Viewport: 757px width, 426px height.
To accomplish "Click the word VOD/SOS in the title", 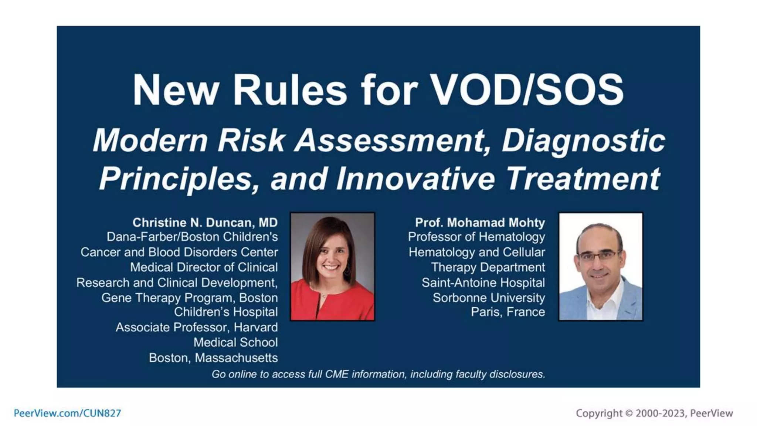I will pos(527,89).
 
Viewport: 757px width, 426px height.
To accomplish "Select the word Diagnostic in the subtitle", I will pos(583,141).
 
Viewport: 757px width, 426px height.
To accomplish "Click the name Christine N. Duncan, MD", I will pos(205,222).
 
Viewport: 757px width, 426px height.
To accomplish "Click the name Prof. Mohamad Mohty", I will pos(480,222).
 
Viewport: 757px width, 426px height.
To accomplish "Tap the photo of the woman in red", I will pos(332,266).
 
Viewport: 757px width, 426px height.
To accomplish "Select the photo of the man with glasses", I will pos(601,266).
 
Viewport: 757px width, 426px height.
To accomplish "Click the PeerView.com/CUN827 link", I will pos(67,413).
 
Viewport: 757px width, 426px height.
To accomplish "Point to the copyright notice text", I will pos(654,413).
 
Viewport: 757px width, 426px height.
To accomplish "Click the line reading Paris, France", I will pos(508,312).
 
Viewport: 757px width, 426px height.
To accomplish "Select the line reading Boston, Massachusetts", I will pos(213,358).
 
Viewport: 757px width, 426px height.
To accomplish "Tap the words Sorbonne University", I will pos(489,297).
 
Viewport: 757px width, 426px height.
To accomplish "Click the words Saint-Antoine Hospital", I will pos(483,283).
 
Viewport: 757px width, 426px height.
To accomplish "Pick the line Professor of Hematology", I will pos(476,237).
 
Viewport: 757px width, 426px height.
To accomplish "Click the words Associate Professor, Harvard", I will pos(197,327).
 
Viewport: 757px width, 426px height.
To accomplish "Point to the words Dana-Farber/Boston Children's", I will pos(192,237).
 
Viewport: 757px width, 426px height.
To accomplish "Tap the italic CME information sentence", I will pos(378,374).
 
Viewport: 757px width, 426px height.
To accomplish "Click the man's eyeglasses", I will pos(597,256).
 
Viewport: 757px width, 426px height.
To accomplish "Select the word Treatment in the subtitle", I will pos(583,178).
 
